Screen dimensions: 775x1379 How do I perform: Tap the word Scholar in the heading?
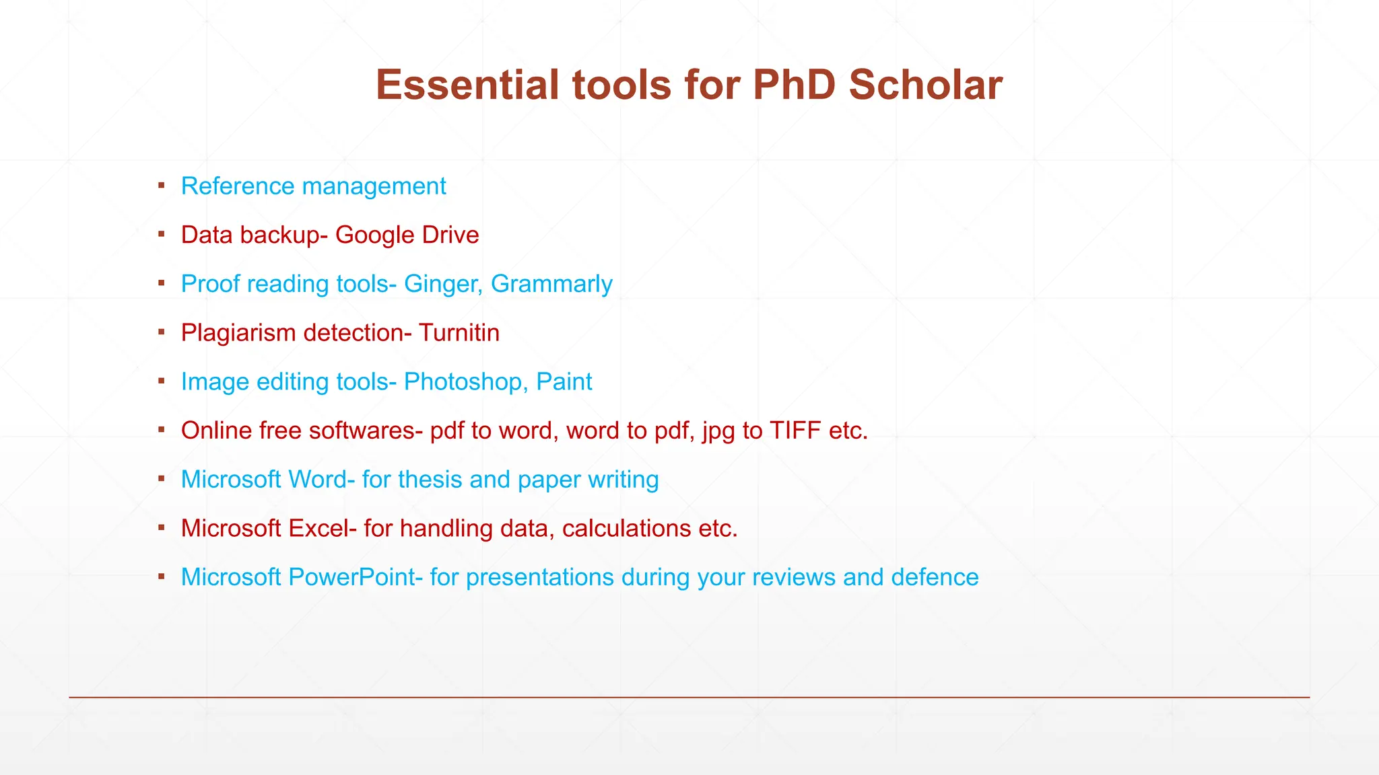click(925, 85)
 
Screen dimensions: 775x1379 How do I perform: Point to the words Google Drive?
click(407, 235)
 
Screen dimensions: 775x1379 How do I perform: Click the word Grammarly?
click(551, 285)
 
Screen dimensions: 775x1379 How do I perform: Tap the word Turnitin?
click(459, 333)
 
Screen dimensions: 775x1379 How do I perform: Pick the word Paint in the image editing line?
click(564, 382)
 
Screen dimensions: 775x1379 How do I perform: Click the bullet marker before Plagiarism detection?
click(162, 332)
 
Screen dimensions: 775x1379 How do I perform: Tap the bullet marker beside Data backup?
click(162, 234)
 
